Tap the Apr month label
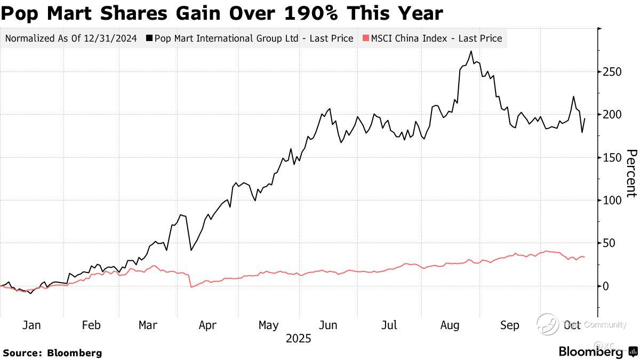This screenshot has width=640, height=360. point(208,325)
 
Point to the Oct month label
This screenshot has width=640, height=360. point(573,325)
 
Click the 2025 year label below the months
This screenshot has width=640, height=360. point(299,339)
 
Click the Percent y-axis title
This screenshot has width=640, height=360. point(630,173)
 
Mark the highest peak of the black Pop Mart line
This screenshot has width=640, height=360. point(471,52)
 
